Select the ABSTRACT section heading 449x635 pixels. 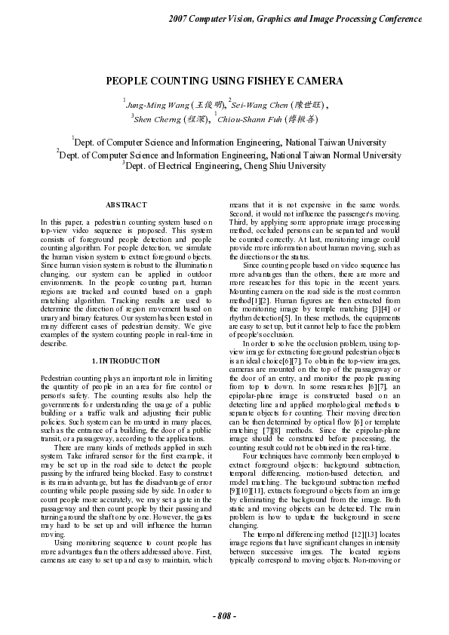[126, 205]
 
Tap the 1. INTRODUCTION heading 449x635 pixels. [126, 361]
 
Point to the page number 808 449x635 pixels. [224, 617]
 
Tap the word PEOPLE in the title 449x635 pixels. [128, 81]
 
